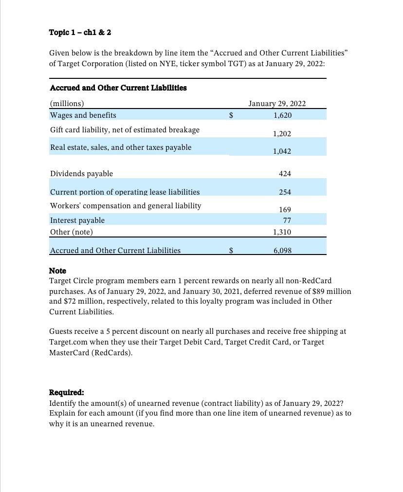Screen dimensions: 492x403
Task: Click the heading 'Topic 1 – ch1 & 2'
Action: point(80,32)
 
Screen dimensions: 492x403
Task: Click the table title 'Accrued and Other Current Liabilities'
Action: point(118,88)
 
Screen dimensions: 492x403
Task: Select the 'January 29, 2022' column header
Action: point(277,103)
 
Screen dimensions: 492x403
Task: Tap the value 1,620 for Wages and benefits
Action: point(282,115)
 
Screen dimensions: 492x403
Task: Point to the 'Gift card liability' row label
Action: point(125,130)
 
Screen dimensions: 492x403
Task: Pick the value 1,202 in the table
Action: point(282,133)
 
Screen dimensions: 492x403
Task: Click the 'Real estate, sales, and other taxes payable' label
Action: point(121,147)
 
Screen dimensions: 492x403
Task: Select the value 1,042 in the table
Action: point(282,151)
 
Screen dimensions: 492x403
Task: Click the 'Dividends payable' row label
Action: point(81,174)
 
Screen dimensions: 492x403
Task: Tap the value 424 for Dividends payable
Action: point(285,174)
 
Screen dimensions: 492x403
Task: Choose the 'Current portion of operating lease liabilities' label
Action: point(125,192)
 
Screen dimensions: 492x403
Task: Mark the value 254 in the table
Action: point(285,192)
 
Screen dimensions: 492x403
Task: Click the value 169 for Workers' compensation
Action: point(285,210)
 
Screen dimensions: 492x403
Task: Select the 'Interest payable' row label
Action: point(77,220)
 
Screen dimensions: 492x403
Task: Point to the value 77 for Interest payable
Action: point(287,220)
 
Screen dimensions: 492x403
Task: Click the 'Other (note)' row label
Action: point(72,232)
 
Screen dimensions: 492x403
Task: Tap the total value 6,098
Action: point(282,251)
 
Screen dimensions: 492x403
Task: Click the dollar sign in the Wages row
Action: point(231,115)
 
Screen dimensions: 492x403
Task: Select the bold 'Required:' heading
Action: point(67,392)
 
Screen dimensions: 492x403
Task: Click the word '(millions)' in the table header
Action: point(67,103)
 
